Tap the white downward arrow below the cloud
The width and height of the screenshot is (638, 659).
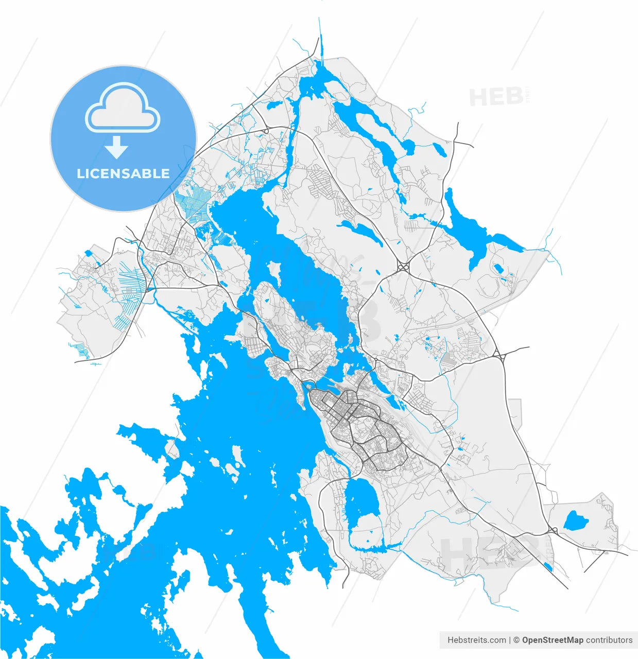coord(117,148)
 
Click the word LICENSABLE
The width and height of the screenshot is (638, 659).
coord(123,174)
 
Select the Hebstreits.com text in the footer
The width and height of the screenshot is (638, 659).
coord(476,640)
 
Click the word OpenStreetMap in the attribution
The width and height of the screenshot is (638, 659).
coord(553,640)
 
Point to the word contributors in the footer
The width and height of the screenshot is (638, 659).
coord(609,640)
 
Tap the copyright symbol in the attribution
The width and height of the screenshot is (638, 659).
coord(516,640)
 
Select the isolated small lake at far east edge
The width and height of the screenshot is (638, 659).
coord(576,521)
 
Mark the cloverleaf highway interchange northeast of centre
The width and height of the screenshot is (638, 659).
coord(403,267)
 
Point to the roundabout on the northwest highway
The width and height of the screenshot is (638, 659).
coord(266,132)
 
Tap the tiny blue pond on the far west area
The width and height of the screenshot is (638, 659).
coord(88,253)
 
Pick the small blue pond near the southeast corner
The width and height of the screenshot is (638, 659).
coord(547,567)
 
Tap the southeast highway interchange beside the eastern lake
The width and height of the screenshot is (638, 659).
coord(553,530)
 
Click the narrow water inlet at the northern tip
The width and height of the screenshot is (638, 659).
coord(321,46)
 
